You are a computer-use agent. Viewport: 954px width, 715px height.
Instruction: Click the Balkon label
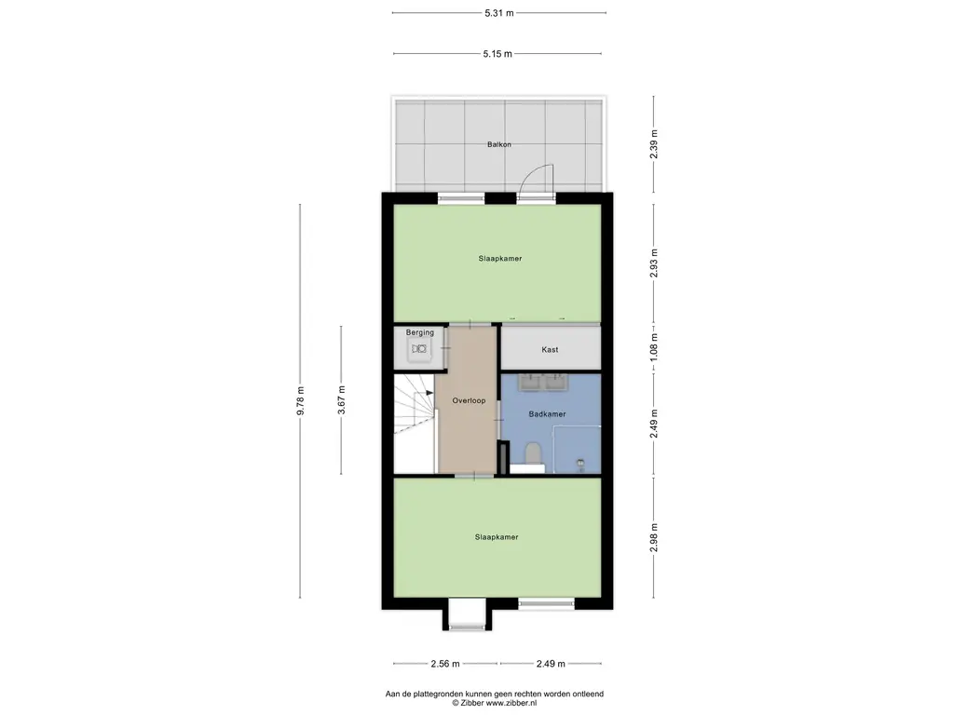point(499,144)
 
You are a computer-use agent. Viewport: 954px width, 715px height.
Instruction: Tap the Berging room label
point(420,332)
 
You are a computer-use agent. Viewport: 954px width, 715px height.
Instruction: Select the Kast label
point(550,350)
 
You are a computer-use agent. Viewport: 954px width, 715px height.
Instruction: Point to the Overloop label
point(470,400)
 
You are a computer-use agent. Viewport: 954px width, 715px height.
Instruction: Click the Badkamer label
point(548,414)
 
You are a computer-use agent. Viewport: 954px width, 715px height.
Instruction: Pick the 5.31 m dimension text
point(499,13)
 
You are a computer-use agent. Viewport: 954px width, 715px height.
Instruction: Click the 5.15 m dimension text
point(497,53)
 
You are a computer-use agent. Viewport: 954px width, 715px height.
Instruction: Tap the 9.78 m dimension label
point(300,401)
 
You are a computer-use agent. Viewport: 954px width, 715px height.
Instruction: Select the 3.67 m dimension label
point(341,400)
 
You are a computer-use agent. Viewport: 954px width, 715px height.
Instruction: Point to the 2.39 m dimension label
point(654,144)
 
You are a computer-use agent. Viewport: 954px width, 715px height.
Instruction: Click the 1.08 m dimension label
point(654,347)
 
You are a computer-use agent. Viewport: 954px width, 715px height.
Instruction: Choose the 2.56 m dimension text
point(445,663)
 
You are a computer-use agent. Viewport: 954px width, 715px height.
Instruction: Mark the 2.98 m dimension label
point(654,537)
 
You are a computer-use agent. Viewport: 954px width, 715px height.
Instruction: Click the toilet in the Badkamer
point(533,453)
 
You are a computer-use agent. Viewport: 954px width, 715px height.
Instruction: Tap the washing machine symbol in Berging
point(419,349)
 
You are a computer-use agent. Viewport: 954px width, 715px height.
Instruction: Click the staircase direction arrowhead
point(430,393)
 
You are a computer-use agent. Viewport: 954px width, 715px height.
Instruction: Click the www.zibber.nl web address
point(511,703)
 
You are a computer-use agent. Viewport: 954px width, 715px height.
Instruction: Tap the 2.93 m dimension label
point(654,263)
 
